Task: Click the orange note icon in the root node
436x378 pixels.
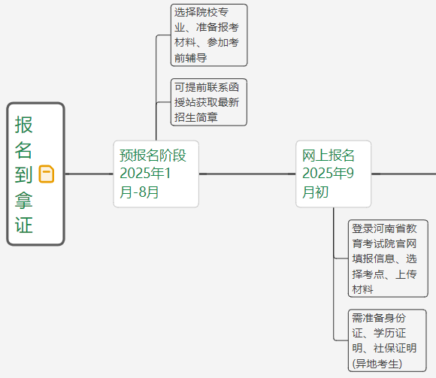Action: tap(47, 174)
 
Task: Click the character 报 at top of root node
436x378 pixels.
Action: tap(24, 125)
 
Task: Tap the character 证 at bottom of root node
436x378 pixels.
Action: tap(24, 225)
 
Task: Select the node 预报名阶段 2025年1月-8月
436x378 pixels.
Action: tap(156, 174)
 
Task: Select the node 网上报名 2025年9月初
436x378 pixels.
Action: tap(334, 174)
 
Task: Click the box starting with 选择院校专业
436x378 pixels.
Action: tap(209, 35)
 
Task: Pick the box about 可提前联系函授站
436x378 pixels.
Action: tap(209, 102)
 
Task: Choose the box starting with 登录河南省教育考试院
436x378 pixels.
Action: tap(388, 259)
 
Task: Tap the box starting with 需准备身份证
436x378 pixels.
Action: tap(387, 340)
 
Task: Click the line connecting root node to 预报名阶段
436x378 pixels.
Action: tap(89, 174)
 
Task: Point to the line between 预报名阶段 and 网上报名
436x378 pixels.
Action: tap(247, 174)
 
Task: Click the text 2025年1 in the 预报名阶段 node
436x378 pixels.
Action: tap(145, 173)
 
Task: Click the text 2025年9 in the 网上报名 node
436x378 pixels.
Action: tap(328, 173)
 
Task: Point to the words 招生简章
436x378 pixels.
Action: tap(195, 117)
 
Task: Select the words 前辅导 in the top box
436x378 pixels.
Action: tap(190, 58)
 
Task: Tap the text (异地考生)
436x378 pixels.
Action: tap(377, 364)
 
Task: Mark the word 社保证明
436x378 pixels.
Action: tap(395, 348)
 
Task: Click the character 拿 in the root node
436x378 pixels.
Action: tap(24, 200)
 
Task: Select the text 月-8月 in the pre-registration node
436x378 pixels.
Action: tap(139, 192)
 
